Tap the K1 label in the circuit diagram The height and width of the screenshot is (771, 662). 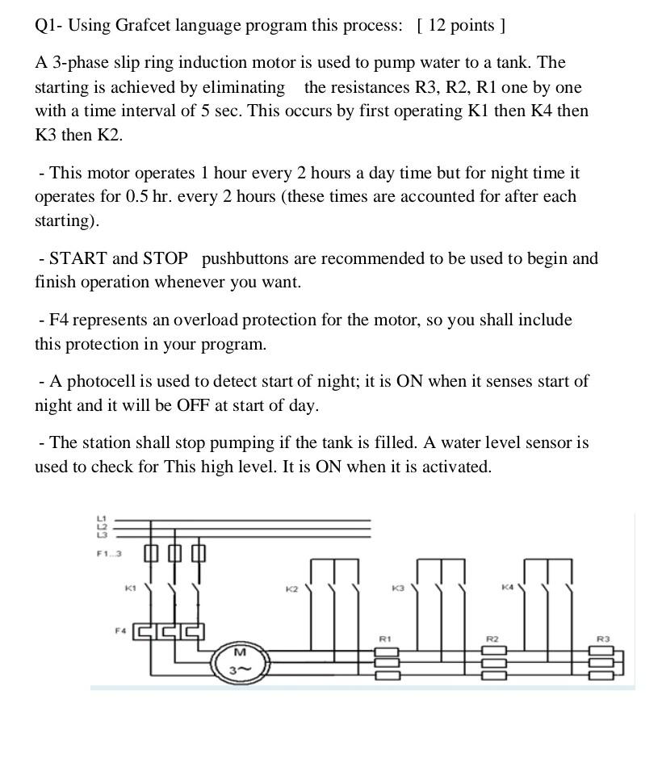[129, 589]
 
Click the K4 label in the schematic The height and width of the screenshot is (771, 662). [506, 587]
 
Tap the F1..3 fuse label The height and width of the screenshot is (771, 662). [108, 554]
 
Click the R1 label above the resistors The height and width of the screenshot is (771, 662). [385, 639]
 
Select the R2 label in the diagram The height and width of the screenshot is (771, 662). [492, 639]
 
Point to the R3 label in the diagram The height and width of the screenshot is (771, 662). [602, 639]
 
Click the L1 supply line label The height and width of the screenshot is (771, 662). [101, 518]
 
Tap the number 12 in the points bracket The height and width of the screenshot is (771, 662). [437, 25]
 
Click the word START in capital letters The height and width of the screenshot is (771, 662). [78, 258]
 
